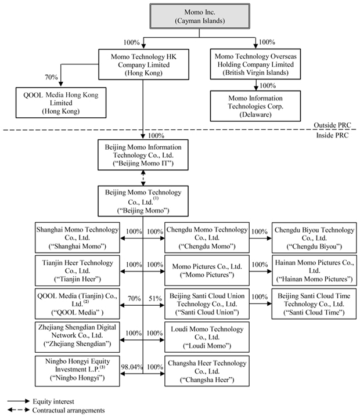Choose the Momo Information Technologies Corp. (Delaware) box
click(256, 106)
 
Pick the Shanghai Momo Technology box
click(78, 237)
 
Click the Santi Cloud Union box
click(206, 304)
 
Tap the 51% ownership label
click(154, 298)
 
